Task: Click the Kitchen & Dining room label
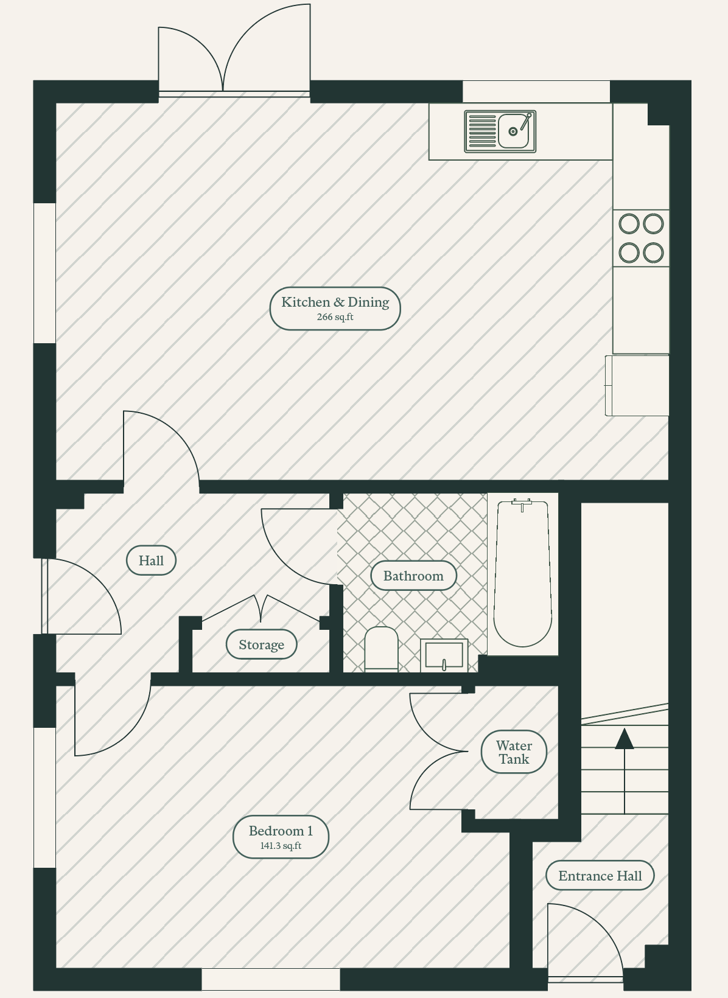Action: [x=335, y=302]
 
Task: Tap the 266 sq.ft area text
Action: [x=335, y=317]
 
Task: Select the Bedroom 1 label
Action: [x=281, y=831]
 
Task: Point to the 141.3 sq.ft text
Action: [x=281, y=846]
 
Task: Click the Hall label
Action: [x=151, y=560]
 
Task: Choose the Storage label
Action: [x=262, y=644]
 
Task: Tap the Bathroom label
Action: [x=413, y=576]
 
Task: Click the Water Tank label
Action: [x=514, y=753]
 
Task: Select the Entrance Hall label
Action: [x=600, y=876]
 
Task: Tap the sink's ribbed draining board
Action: [x=482, y=131]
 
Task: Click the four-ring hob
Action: [x=641, y=239]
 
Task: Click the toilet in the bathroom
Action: [x=382, y=649]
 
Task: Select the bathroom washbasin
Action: [x=444, y=655]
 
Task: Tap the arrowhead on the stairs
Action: [x=625, y=739]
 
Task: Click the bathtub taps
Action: [x=522, y=503]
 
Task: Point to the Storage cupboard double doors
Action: [x=261, y=608]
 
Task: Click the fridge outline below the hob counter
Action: [x=637, y=385]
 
